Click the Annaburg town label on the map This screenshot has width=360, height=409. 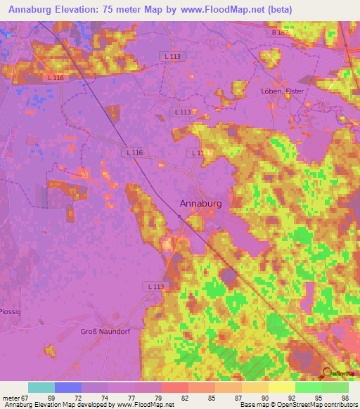(201, 203)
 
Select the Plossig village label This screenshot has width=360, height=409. (10, 311)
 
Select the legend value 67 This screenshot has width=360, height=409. (23, 397)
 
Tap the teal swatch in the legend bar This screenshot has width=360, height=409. (41, 387)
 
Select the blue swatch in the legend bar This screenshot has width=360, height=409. (68, 387)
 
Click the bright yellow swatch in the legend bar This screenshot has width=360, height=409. (281, 387)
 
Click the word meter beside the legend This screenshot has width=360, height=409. (9, 397)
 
